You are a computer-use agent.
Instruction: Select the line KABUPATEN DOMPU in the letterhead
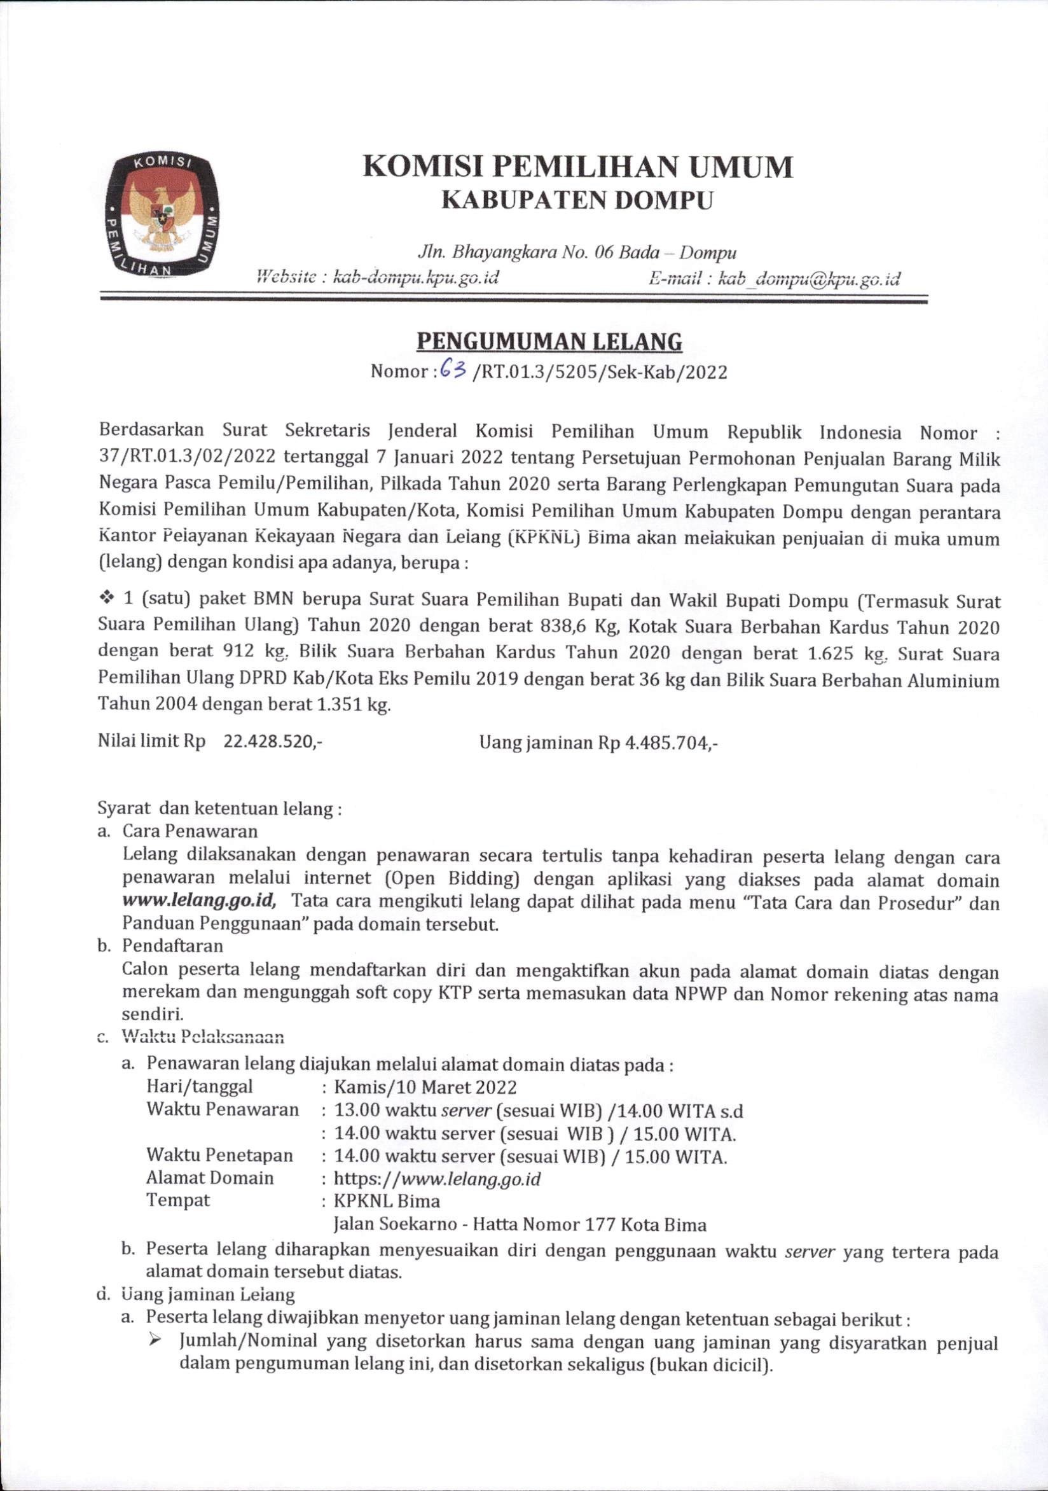[577, 200]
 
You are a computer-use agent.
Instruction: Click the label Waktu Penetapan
[219, 1155]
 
